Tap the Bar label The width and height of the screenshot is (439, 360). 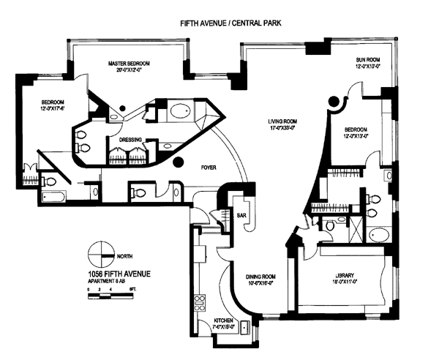coord(241,215)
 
